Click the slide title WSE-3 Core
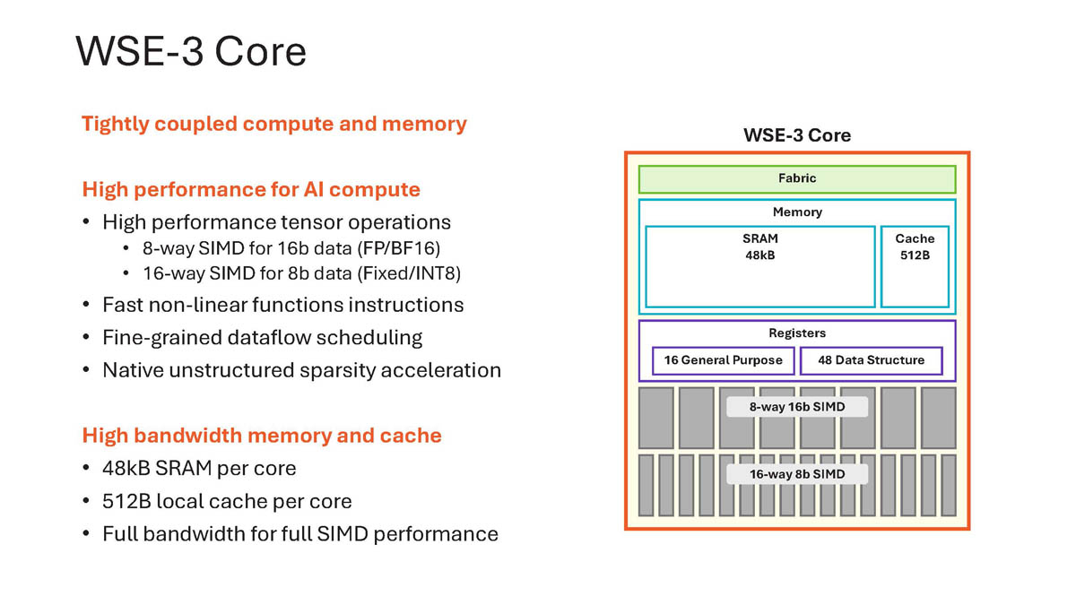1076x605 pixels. tap(191, 51)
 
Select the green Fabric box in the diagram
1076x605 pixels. tap(796, 179)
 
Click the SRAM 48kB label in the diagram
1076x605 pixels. tap(760, 246)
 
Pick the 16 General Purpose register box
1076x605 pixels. tap(723, 360)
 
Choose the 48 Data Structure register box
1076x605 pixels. tap(871, 360)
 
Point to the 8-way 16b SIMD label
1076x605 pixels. tap(796, 407)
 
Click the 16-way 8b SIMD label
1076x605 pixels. tap(796, 474)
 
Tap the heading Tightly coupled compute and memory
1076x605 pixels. tap(273, 124)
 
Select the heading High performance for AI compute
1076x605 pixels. tap(251, 189)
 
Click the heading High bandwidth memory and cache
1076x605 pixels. tap(262, 436)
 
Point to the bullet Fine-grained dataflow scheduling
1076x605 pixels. tap(262, 338)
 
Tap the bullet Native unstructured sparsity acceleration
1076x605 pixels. tap(301, 370)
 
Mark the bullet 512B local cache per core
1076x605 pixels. tap(227, 501)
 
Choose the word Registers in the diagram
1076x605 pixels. tap(796, 333)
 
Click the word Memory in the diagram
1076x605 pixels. tap(796, 212)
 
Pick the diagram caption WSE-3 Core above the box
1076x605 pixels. tap(796, 136)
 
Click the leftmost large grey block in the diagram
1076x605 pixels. tap(655, 418)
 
